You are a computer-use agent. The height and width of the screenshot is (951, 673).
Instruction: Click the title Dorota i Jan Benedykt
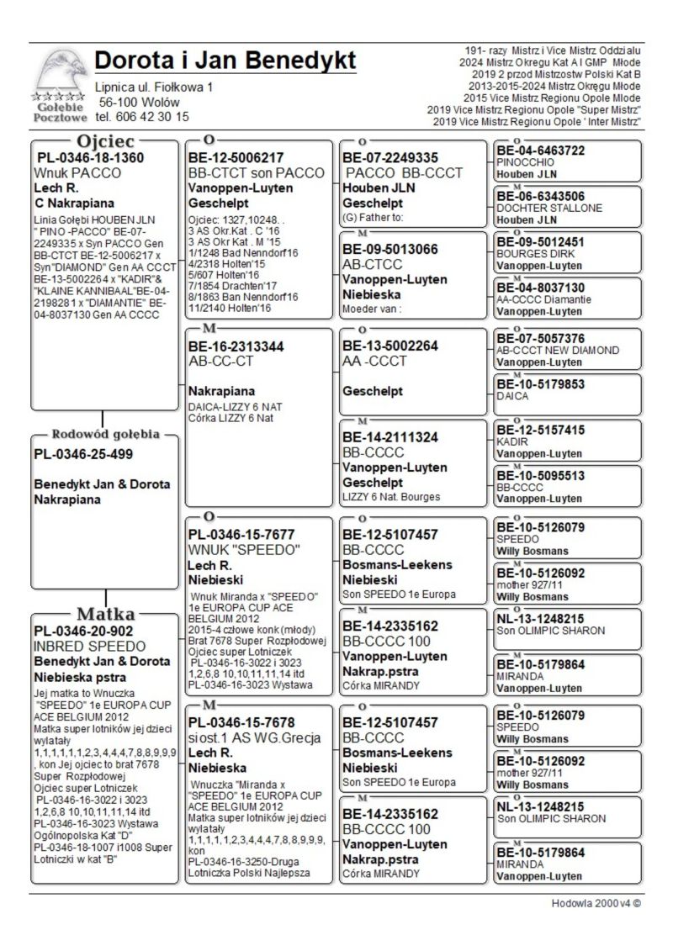click(x=225, y=61)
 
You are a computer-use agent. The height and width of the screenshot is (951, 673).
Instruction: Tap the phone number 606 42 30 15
click(x=142, y=117)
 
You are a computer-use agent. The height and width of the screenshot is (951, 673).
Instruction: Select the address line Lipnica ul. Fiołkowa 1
click(x=154, y=87)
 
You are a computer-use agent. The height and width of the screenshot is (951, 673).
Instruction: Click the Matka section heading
click(x=106, y=613)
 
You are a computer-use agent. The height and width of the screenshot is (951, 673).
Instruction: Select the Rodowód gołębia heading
click(x=105, y=435)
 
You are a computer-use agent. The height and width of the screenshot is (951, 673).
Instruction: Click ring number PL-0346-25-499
click(x=83, y=455)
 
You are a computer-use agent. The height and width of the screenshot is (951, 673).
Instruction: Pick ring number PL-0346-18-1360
click(x=90, y=157)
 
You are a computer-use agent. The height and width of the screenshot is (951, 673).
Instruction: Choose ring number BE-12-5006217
click(x=236, y=157)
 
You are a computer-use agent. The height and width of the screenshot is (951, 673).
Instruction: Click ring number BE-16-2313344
click(x=236, y=346)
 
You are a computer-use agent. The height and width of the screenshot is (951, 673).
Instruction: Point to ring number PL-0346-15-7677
click(x=241, y=534)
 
